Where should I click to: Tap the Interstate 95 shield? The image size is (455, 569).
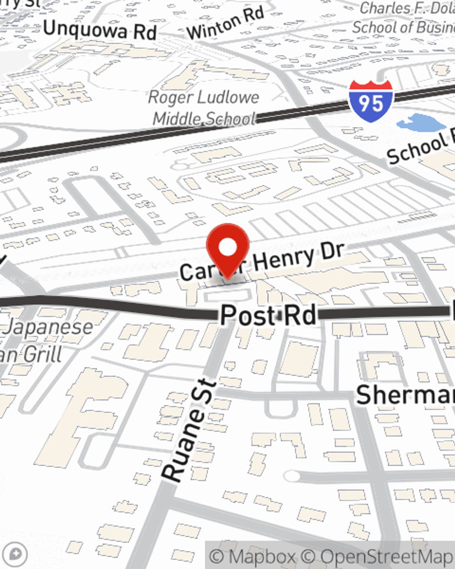371,101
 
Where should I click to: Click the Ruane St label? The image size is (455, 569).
189,430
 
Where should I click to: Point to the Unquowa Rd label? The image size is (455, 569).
100,30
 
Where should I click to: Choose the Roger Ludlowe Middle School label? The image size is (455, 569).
204,107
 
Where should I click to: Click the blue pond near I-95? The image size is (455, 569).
420,122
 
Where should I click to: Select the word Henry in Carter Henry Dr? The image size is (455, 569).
284,260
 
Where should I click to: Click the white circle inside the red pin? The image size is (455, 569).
227,248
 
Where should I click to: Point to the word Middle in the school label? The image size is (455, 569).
177,119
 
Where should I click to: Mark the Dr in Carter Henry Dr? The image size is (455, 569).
331,252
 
